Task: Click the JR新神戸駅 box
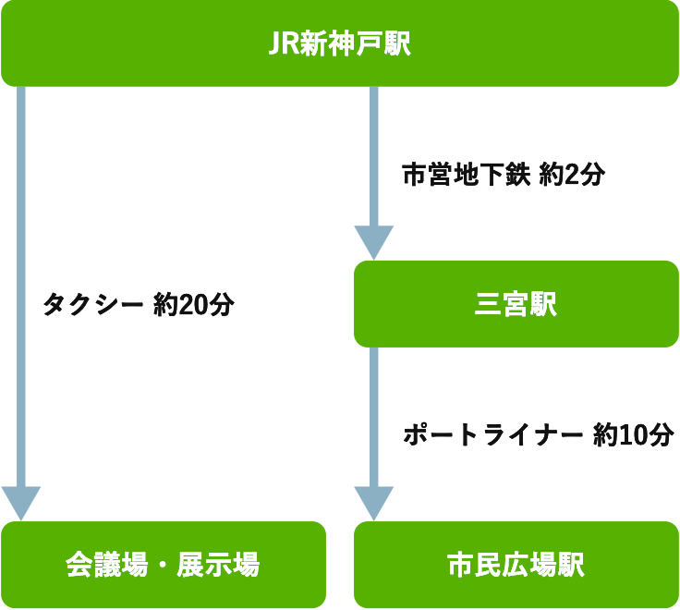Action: click(x=339, y=43)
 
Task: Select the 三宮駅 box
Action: click(x=516, y=303)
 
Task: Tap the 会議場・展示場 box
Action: click(x=163, y=564)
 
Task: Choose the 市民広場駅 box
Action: click(x=516, y=564)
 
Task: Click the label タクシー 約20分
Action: click(x=139, y=305)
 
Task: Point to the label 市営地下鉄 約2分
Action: click(x=503, y=174)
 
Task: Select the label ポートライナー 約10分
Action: click(x=539, y=435)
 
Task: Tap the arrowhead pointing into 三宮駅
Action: click(x=374, y=242)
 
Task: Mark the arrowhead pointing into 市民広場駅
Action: click(x=374, y=503)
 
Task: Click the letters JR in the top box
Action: click(x=280, y=44)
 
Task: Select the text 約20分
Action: click(x=195, y=305)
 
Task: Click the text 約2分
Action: click(x=572, y=174)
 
